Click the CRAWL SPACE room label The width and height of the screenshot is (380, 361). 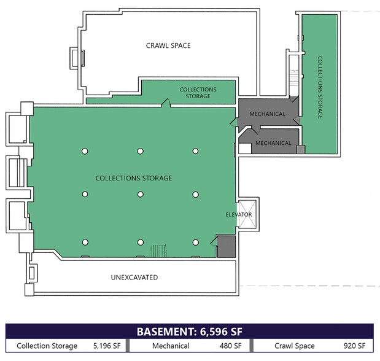[168, 45]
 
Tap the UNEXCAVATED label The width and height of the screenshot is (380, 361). [134, 278]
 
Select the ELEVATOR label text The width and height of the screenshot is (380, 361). [239, 214]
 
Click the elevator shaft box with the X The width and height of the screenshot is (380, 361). [247, 214]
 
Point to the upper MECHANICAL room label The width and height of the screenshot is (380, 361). [267, 114]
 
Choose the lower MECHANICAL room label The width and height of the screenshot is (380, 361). [273, 143]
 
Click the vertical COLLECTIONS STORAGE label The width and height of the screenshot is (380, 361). [320, 88]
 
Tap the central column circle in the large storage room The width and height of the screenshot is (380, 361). [141, 194]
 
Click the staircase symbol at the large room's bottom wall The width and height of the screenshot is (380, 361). [159, 250]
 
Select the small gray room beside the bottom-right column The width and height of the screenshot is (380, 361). [226, 246]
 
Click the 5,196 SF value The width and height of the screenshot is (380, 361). [107, 346]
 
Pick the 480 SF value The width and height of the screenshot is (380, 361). [230, 346]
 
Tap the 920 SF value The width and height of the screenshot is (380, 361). [354, 346]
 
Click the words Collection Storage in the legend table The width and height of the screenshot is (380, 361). [47, 346]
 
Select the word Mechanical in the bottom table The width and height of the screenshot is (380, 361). [171, 346]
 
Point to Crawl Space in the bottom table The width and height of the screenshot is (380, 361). [295, 346]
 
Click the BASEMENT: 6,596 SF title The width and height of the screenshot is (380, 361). [190, 332]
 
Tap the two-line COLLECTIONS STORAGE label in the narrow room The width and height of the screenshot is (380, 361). [198, 93]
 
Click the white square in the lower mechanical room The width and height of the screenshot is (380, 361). [246, 149]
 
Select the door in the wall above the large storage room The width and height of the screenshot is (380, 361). [166, 103]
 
